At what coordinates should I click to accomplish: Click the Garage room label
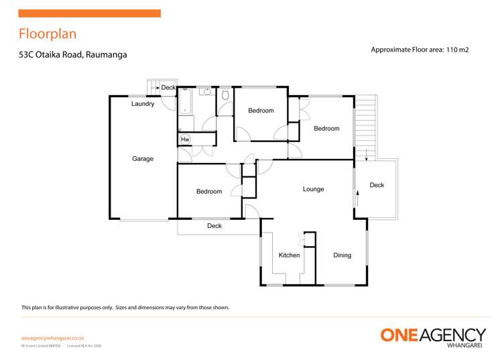point(142,159)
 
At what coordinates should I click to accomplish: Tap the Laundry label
point(143,104)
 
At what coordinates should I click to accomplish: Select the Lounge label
point(313,189)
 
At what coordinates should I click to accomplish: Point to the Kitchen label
point(289,255)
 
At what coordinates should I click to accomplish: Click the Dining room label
point(342,255)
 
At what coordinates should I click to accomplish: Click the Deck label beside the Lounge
point(377,185)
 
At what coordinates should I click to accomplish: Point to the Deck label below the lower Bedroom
point(214,226)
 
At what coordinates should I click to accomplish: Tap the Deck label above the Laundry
point(168,87)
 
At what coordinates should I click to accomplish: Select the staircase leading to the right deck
point(365,124)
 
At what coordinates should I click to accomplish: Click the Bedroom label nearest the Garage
point(208,192)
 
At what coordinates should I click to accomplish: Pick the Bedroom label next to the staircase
point(326,129)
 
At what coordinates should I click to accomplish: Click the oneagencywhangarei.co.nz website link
point(52,339)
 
